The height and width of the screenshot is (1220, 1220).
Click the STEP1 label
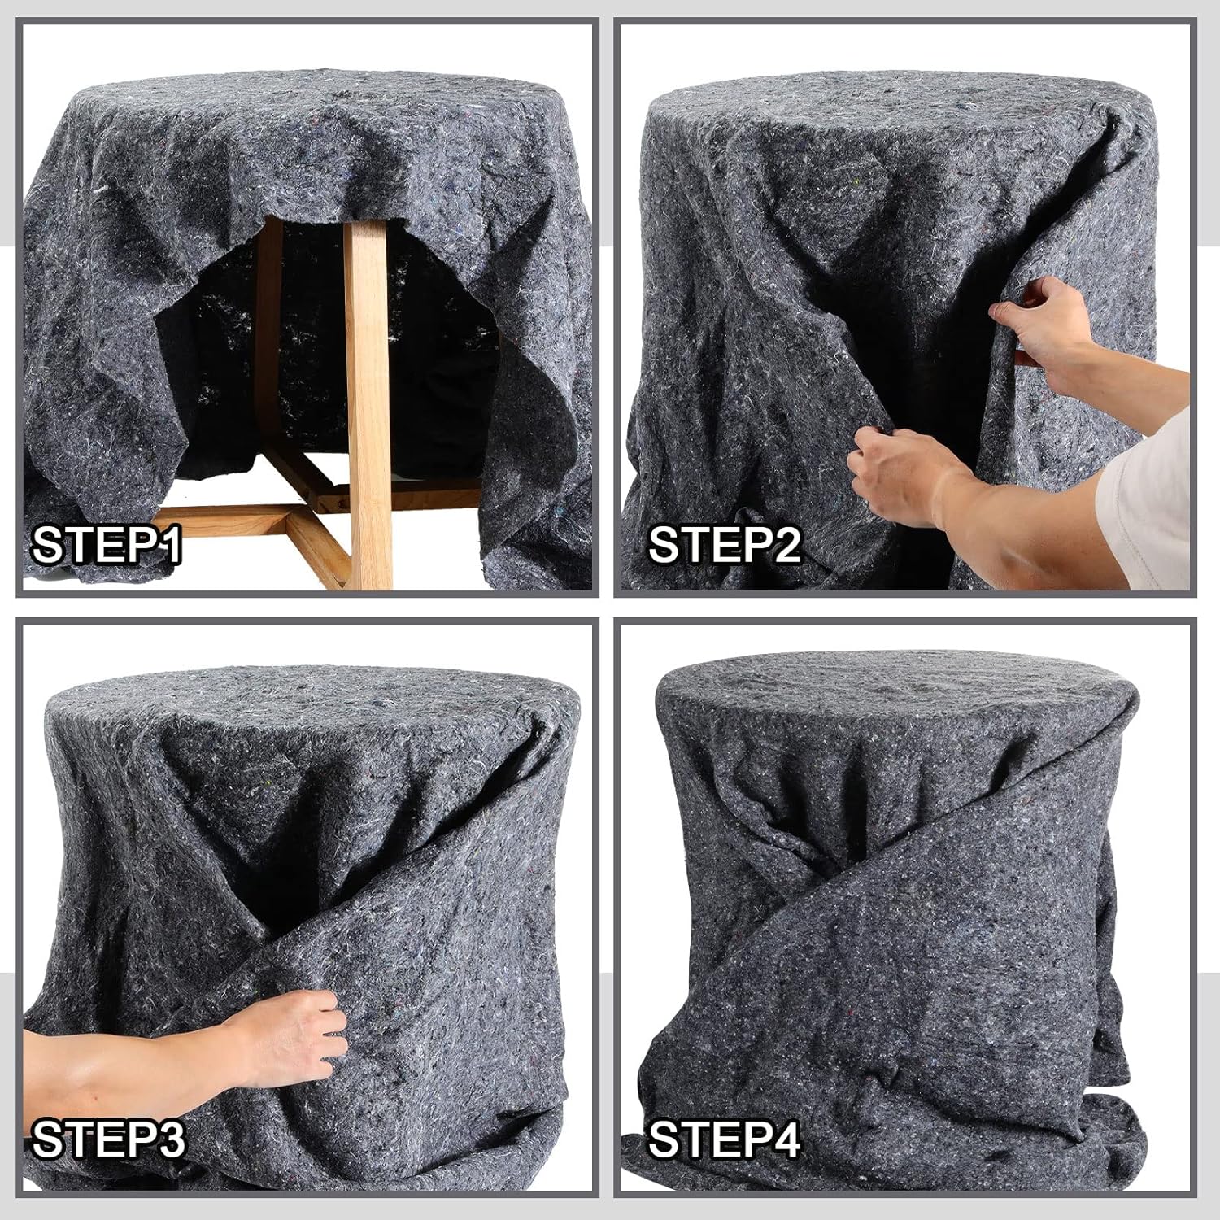pyautogui.click(x=106, y=545)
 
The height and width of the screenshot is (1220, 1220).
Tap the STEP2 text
pyautogui.click(x=724, y=545)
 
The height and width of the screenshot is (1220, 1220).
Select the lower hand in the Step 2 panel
pyautogui.click(x=895, y=472)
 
